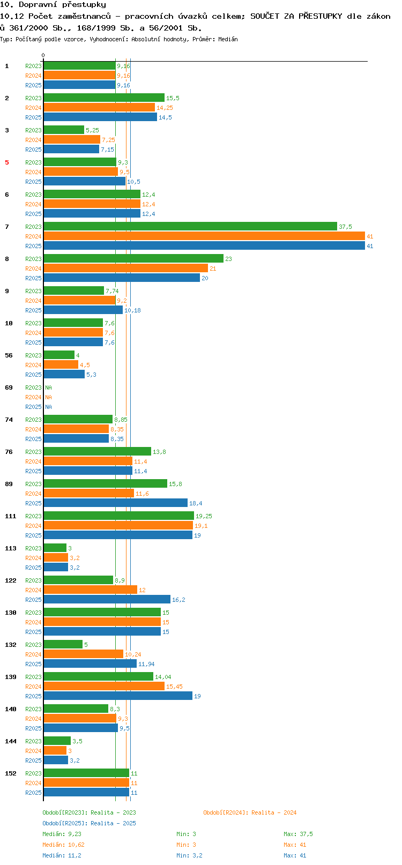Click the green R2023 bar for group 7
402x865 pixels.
190,226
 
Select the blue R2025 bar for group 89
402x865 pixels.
115,503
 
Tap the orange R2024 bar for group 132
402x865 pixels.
84,654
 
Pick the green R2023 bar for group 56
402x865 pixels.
59,355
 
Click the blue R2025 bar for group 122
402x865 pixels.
107,599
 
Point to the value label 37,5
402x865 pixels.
345,227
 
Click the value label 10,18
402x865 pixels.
132,310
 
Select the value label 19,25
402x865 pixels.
204,516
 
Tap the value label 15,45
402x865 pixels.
175,686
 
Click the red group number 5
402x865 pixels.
7,162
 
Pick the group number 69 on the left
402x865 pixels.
9,387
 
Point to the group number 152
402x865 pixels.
10,773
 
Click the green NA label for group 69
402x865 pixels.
48,387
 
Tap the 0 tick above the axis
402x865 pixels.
43,55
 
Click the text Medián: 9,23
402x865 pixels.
62,834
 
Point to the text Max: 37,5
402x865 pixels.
298,834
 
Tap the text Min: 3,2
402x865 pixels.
189,855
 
